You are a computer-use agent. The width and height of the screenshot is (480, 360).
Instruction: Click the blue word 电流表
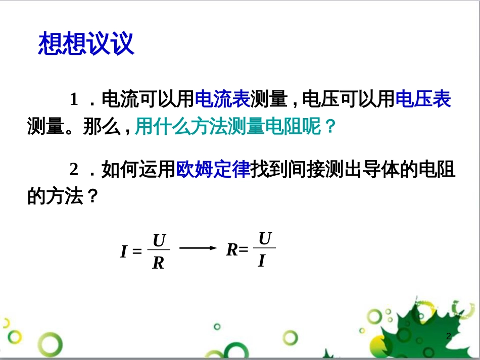222,99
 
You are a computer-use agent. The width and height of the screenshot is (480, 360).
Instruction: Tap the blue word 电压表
423,99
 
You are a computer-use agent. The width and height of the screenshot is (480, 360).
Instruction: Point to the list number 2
74,170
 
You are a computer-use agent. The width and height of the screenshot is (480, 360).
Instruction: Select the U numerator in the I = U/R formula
159,241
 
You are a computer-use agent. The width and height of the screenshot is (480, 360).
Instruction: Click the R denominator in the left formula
158,263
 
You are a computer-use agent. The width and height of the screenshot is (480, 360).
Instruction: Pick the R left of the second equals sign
232,249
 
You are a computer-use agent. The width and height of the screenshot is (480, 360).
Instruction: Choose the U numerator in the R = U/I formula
265,238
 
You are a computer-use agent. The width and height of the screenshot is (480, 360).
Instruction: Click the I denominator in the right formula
261,261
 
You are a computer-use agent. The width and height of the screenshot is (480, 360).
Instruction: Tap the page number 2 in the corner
448,337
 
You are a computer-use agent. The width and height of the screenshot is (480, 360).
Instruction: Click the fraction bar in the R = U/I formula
264,248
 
